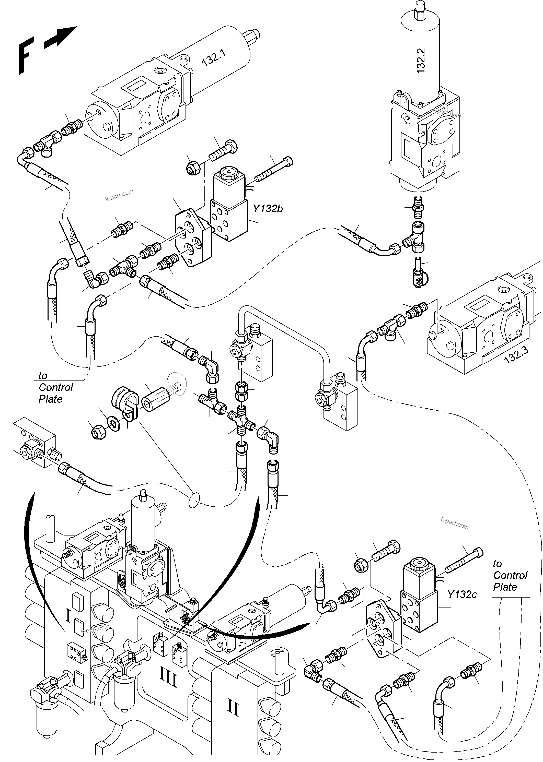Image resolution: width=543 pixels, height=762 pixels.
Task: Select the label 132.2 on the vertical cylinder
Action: coord(421,61)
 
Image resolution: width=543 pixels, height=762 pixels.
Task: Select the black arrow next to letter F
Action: coord(60,38)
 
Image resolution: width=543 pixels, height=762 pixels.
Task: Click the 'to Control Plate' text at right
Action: coord(510,575)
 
